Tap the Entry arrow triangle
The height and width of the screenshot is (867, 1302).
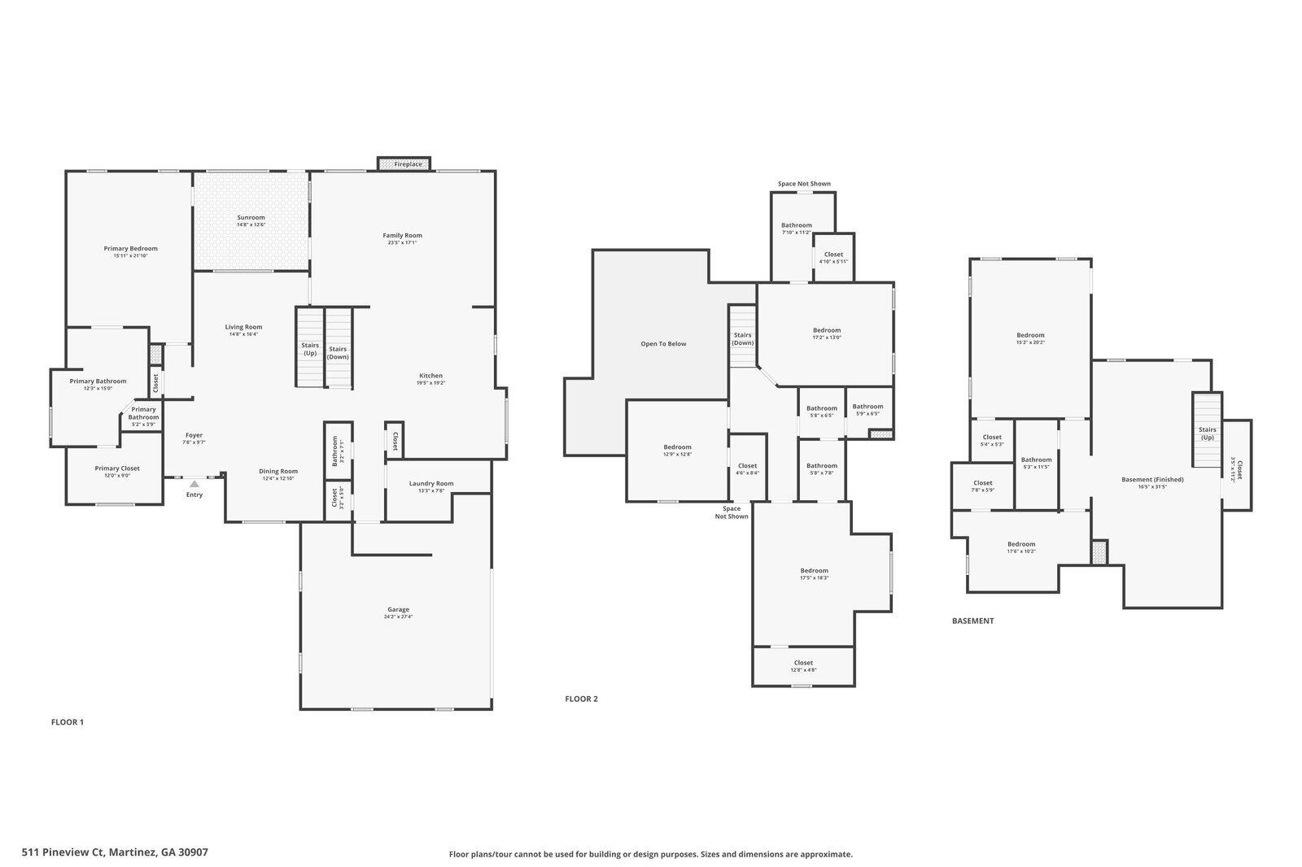[x=194, y=484]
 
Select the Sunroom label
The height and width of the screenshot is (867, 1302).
[x=251, y=217]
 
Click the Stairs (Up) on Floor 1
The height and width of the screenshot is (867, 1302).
[x=310, y=349]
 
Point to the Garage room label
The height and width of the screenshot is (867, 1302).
[x=398, y=609]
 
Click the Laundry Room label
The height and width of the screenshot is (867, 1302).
[x=430, y=483]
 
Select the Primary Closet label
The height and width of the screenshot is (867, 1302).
[x=117, y=468]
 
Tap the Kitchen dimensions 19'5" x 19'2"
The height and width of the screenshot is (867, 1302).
[x=430, y=383]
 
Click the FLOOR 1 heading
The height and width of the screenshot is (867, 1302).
[x=68, y=722]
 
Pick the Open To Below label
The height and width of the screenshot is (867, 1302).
[x=663, y=344]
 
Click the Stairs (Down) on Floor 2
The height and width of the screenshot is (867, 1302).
[x=742, y=338]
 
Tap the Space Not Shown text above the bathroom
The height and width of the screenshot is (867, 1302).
[x=804, y=184]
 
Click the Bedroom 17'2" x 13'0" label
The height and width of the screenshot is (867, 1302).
[x=827, y=330]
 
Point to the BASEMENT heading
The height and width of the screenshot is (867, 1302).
[x=972, y=621]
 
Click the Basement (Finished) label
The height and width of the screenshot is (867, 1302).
[x=1152, y=480]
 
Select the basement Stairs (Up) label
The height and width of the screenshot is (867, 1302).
[x=1207, y=433]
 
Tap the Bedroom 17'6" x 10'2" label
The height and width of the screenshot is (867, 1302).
[x=1021, y=544]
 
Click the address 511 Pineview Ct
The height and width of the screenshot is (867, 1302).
[x=115, y=852]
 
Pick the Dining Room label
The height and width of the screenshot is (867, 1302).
[x=278, y=471]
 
